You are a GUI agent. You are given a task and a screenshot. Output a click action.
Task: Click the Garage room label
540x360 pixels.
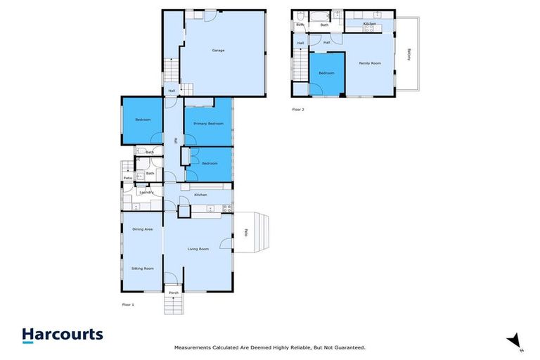219,51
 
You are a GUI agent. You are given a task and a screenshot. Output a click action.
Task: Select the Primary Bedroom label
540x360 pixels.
209,124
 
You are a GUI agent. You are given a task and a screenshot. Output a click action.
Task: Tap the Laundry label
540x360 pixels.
146,192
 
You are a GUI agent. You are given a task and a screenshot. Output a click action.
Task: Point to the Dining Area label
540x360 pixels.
143,229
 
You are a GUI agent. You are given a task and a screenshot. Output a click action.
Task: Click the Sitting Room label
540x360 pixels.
143,269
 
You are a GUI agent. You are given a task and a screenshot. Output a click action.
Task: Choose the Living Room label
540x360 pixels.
198,249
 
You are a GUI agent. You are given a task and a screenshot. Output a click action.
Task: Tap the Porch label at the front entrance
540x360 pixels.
174,292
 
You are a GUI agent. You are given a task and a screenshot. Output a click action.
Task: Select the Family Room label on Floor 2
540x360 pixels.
370,63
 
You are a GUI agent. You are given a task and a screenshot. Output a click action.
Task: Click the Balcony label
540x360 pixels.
409,54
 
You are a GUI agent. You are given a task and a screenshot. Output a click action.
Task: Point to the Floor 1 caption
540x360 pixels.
128,304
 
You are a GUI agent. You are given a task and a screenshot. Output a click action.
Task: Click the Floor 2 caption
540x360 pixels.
298,109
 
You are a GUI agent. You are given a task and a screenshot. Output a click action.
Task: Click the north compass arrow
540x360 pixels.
515,340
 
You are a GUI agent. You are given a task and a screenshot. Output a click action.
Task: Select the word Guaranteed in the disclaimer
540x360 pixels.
348,347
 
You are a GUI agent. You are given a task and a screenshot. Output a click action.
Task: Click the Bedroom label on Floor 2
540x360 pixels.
326,73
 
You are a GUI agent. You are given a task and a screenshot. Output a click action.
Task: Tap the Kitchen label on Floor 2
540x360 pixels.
369,24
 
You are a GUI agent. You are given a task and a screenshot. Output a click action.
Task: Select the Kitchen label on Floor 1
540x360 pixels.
200,194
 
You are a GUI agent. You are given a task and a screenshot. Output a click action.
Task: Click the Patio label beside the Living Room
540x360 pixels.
246,233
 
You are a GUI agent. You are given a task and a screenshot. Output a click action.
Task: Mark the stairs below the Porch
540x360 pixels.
174,306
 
